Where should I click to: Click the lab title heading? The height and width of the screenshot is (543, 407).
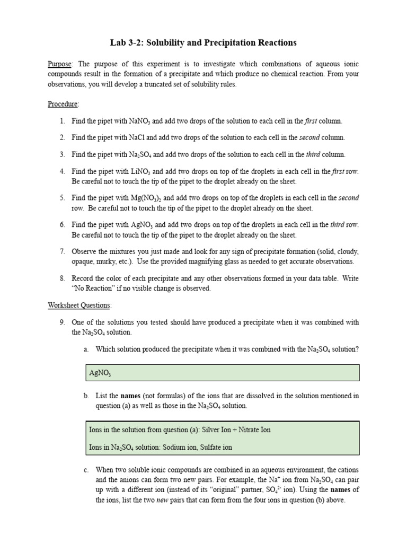(203, 42)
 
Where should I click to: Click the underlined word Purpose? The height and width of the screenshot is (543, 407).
(59, 64)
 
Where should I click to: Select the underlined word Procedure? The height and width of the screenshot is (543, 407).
(63, 104)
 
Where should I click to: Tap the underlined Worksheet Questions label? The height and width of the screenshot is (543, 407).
(79, 305)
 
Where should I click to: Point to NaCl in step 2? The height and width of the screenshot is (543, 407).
(137, 138)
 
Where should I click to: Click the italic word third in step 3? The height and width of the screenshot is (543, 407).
(313, 155)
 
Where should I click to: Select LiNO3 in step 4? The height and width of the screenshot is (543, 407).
(139, 172)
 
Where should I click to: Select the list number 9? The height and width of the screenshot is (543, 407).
(62, 322)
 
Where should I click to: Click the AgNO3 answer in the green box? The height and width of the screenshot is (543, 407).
(100, 373)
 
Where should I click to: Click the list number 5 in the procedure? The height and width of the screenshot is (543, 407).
(62, 198)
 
